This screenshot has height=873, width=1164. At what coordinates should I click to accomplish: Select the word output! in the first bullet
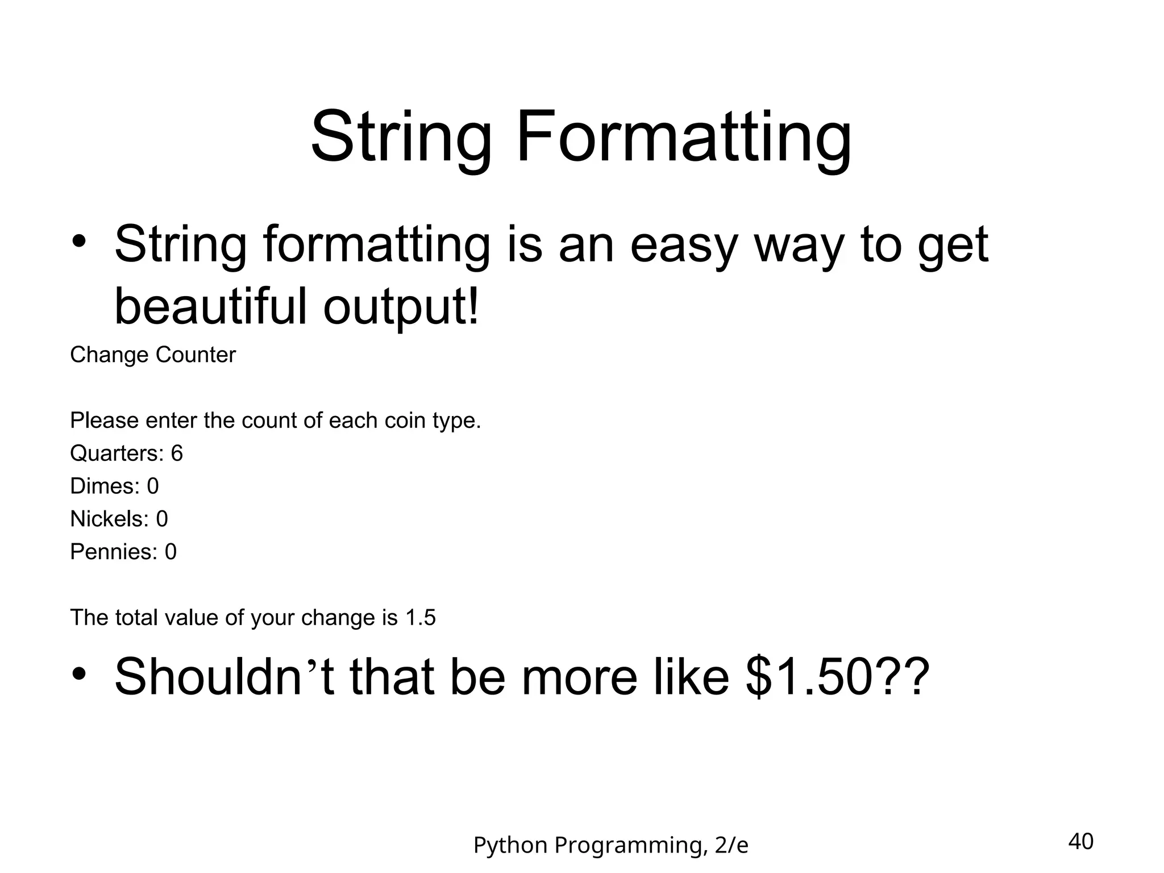point(401,307)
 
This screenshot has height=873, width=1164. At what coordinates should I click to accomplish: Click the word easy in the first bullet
point(683,246)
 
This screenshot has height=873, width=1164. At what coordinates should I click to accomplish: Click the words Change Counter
point(152,355)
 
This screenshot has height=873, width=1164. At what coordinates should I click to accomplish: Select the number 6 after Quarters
point(177,454)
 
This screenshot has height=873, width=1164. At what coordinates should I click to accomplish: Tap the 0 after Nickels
point(162,519)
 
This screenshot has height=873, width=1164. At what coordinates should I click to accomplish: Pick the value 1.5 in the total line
point(420,618)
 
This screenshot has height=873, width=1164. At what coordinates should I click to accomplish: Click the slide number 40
point(1080,841)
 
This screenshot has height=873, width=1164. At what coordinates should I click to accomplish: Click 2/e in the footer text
point(731,846)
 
